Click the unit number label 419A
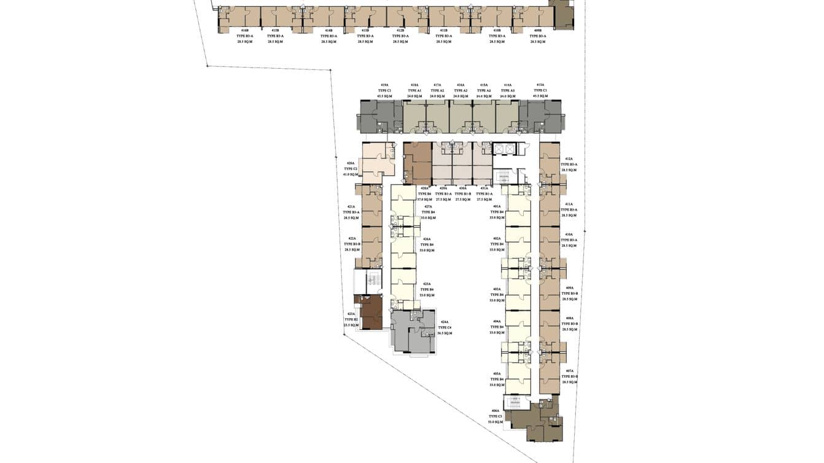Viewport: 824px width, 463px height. pyautogui.click(x=384, y=85)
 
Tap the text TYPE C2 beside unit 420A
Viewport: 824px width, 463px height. pyautogui.click(x=351, y=168)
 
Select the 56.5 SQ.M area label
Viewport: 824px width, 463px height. pyautogui.click(x=445, y=333)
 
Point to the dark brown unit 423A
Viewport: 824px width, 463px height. pyautogui.click(x=370, y=313)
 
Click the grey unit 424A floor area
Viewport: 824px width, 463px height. pyautogui.click(x=412, y=332)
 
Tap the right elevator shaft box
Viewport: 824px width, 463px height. pyautogui.click(x=509, y=149)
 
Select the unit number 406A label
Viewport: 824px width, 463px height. pyautogui.click(x=496, y=411)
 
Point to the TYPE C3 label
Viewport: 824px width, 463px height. pyautogui.click(x=496, y=416)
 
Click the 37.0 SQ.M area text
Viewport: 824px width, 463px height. pyautogui.click(x=425, y=200)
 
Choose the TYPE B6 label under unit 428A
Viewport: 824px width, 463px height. pyautogui.click(x=425, y=194)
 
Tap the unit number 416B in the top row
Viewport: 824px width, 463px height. pyautogui.click(x=245, y=30)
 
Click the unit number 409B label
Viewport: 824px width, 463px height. pyautogui.click(x=538, y=30)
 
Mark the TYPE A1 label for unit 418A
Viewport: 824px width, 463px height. pyautogui.click(x=414, y=91)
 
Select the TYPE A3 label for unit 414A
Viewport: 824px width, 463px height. pyautogui.click(x=508, y=91)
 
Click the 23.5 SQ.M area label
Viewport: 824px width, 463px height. pyautogui.click(x=351, y=325)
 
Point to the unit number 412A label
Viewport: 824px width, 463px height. pyautogui.click(x=569, y=159)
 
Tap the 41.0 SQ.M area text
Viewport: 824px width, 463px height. pyautogui.click(x=351, y=174)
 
